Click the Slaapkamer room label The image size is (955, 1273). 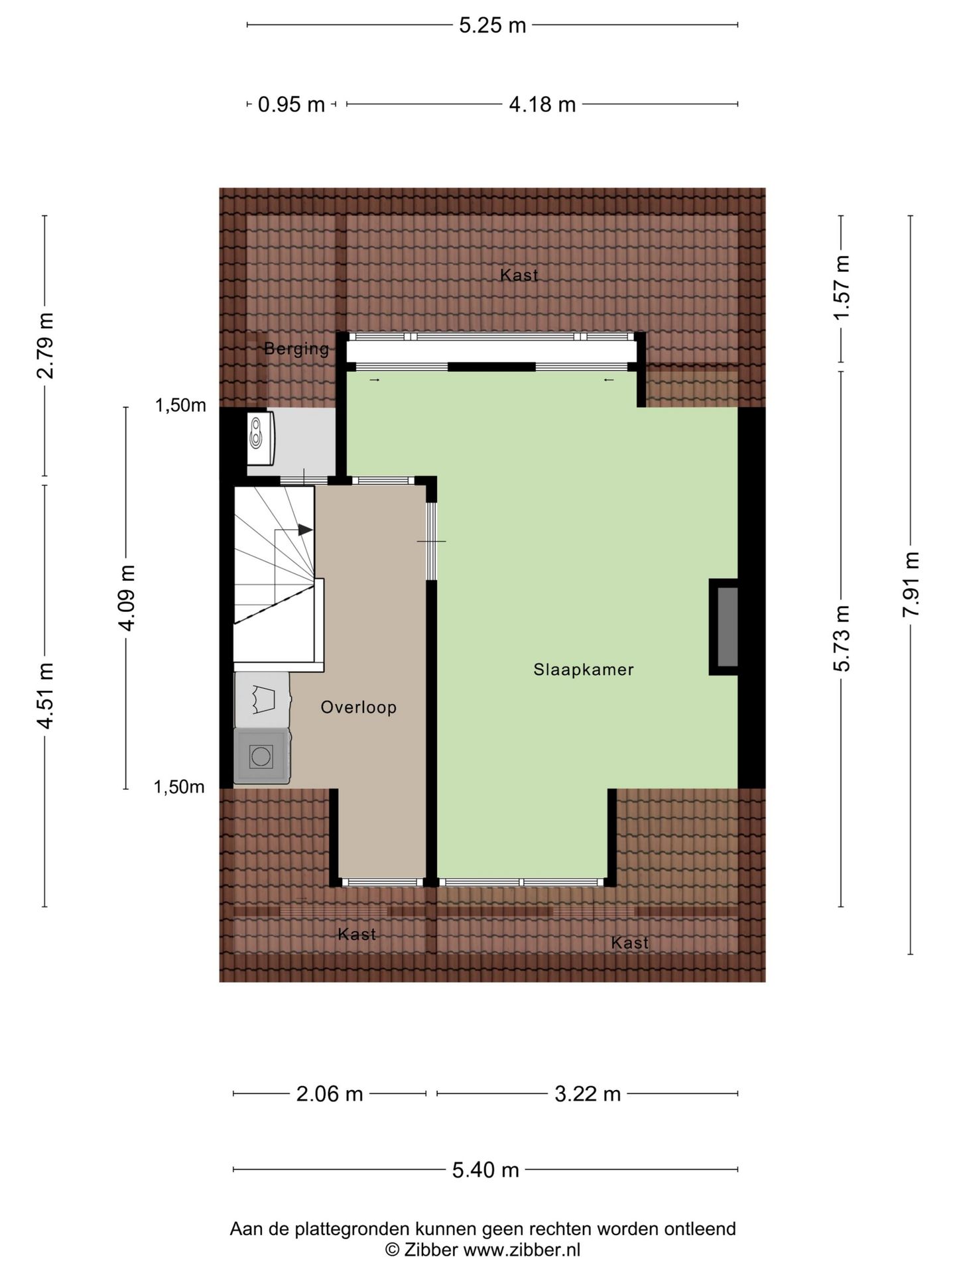(x=583, y=670)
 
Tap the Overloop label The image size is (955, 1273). (x=358, y=707)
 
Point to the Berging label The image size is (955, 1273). (x=296, y=349)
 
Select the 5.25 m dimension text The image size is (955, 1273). (x=492, y=25)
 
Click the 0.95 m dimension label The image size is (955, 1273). (x=291, y=104)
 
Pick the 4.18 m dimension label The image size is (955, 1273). (x=542, y=104)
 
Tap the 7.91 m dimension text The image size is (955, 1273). (x=911, y=584)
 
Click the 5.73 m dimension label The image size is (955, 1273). (x=842, y=638)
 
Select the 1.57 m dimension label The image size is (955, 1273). (x=842, y=288)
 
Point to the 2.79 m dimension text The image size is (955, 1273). (x=45, y=345)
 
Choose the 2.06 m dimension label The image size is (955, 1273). (x=329, y=1093)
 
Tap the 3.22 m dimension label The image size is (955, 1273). (x=587, y=1093)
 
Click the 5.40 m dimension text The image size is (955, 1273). (x=485, y=1170)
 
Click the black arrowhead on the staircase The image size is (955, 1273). (x=304, y=530)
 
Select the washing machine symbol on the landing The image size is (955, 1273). (x=262, y=756)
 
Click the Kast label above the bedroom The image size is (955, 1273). (x=519, y=274)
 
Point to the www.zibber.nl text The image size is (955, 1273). (x=521, y=1250)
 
